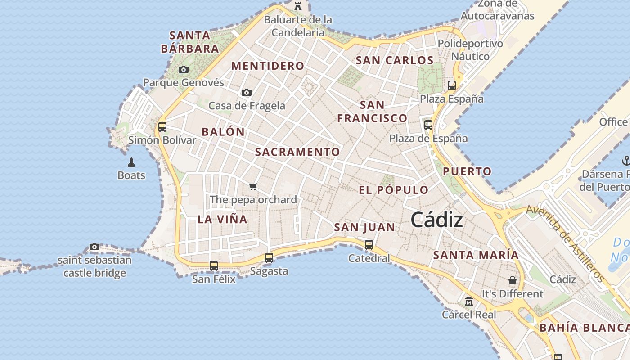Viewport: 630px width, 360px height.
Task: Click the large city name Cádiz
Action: (436, 220)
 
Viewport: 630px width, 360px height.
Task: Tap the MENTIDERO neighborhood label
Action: (268, 66)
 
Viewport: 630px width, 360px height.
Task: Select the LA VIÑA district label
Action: (222, 219)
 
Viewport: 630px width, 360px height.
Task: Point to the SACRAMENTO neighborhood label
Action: (297, 152)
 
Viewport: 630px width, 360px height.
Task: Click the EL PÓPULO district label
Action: (393, 190)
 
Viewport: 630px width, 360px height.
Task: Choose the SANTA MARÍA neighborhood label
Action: (476, 255)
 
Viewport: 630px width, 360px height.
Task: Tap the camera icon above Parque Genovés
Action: (184, 69)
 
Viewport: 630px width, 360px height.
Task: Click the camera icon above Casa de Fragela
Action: (247, 92)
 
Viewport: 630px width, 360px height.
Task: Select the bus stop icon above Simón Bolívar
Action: (162, 126)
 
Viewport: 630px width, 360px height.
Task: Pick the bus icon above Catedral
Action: (369, 244)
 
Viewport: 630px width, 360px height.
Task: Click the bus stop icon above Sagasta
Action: (269, 257)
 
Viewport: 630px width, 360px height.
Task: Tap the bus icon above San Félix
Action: (214, 265)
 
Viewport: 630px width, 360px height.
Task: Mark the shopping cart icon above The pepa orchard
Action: (253, 186)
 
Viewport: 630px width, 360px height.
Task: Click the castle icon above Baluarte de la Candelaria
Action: (297, 6)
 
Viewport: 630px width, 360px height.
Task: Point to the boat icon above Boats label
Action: (131, 162)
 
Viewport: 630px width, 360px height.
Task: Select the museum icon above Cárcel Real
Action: (469, 301)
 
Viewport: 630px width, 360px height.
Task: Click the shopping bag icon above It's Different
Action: (512, 280)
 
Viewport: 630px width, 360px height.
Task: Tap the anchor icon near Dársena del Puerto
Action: (625, 160)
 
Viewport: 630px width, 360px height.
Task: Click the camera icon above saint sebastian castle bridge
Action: (94, 247)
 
